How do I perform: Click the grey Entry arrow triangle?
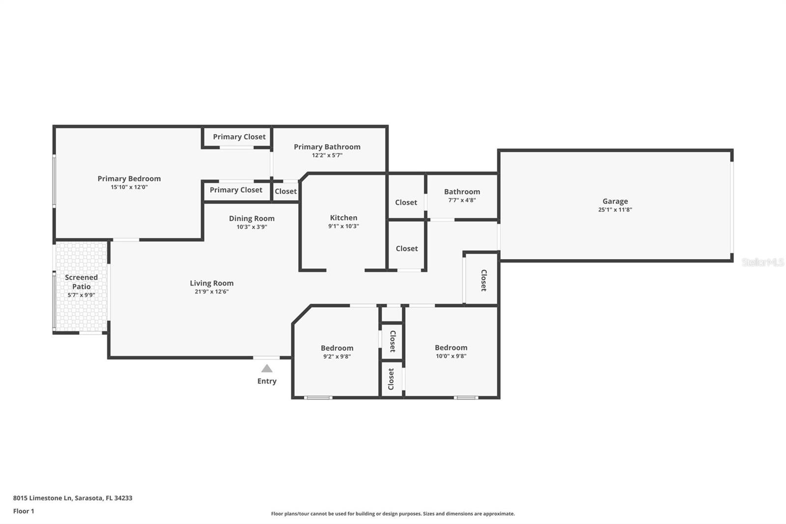click(x=267, y=368)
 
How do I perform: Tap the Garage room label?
click(x=615, y=201)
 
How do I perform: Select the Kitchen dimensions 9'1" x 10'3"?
click(x=343, y=226)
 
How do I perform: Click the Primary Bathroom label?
click(x=327, y=146)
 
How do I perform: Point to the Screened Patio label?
click(x=82, y=282)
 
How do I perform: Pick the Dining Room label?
click(x=252, y=218)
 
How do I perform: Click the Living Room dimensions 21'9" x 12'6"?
click(x=211, y=291)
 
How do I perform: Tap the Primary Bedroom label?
click(x=129, y=178)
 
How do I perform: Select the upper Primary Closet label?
click(x=239, y=137)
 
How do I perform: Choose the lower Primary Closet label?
click(x=236, y=190)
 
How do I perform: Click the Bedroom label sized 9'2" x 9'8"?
click(x=337, y=348)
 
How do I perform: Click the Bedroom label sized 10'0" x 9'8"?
click(x=451, y=348)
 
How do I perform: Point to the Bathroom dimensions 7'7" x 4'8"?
click(x=462, y=200)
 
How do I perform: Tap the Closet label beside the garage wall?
click(x=483, y=280)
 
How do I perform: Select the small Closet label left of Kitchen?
click(x=285, y=191)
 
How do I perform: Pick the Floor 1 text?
click(x=24, y=511)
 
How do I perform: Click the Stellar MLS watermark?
click(x=762, y=262)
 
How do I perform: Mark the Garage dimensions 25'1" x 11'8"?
click(x=615, y=209)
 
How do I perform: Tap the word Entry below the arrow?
click(x=267, y=381)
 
